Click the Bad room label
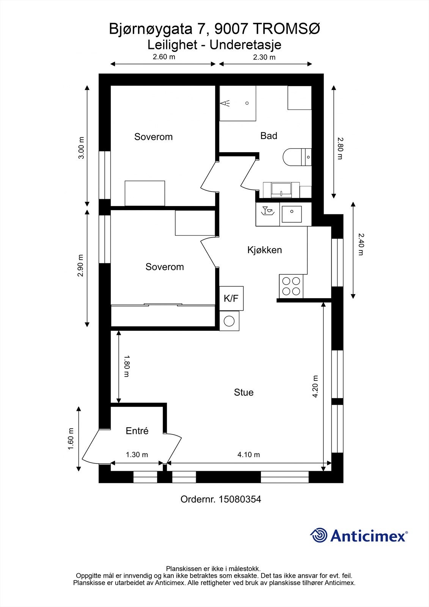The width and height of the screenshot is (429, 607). point(269,136)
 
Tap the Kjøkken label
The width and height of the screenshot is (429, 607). point(264,250)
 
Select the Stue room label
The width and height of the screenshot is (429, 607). point(244,392)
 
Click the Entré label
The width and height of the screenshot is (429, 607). point(137,431)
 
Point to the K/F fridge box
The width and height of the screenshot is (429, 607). point(231,298)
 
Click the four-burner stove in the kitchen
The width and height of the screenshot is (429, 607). point(291,286)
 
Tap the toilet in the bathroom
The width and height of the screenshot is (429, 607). point(297,157)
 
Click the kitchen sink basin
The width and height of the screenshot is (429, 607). point(292,214)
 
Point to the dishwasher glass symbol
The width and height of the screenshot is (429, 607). point(267,211)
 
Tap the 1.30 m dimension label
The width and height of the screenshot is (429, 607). point(137,454)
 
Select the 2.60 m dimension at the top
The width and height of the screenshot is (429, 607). point(164,57)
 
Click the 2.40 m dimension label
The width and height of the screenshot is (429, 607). point(361,244)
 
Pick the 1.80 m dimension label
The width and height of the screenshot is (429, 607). point(127,366)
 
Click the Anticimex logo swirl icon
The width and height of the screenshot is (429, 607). point(319,535)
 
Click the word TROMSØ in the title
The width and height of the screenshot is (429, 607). point(288,29)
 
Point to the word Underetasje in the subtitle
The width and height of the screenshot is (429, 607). point(245,45)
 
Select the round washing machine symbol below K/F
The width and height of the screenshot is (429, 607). point(229,321)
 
